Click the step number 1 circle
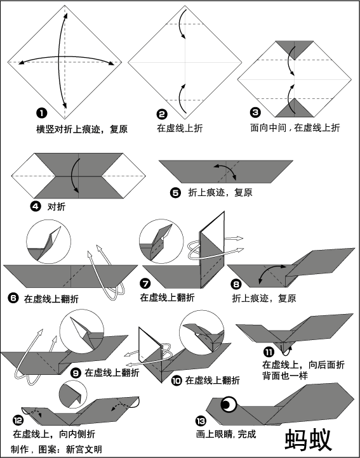pyautogui.click(x=41, y=113)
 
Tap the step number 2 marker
pyautogui.click(x=162, y=114)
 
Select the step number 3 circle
pyautogui.click(x=255, y=112)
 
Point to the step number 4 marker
pyautogui.click(x=36, y=207)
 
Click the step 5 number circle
pyautogui.click(x=175, y=193)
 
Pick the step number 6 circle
pyautogui.click(x=13, y=298)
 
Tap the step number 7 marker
pyautogui.click(x=145, y=283)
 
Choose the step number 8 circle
pyautogui.click(x=236, y=284)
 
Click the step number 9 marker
pyautogui.click(x=76, y=373)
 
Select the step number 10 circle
pyautogui.click(x=177, y=381)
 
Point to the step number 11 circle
pyautogui.click(x=269, y=351)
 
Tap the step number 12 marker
pyautogui.click(x=18, y=421)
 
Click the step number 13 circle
pyautogui.click(x=201, y=421)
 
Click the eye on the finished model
pyautogui.click(x=229, y=405)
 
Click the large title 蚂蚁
pyautogui.click(x=309, y=440)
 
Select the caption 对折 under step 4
pyautogui.click(x=57, y=207)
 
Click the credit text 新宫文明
pyautogui.click(x=84, y=449)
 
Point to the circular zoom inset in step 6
pyautogui.click(x=48, y=242)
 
